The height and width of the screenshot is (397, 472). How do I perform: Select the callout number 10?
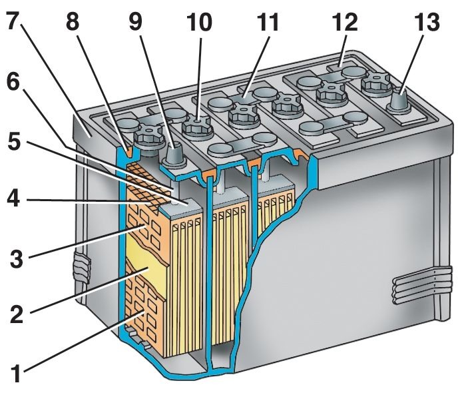pos(199,23)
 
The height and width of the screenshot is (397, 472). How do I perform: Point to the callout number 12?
pos(345,23)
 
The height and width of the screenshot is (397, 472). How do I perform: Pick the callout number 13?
pos(425,23)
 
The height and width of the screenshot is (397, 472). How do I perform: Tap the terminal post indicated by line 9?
pos(172,155)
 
